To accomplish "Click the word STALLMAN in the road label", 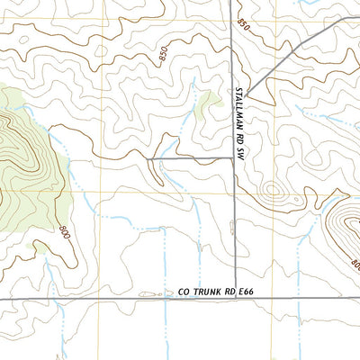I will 240,107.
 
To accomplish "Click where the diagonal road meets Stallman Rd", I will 248,96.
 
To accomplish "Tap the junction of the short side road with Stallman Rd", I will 235,158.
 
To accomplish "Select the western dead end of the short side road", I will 148,158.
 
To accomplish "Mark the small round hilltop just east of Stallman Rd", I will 273,191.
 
